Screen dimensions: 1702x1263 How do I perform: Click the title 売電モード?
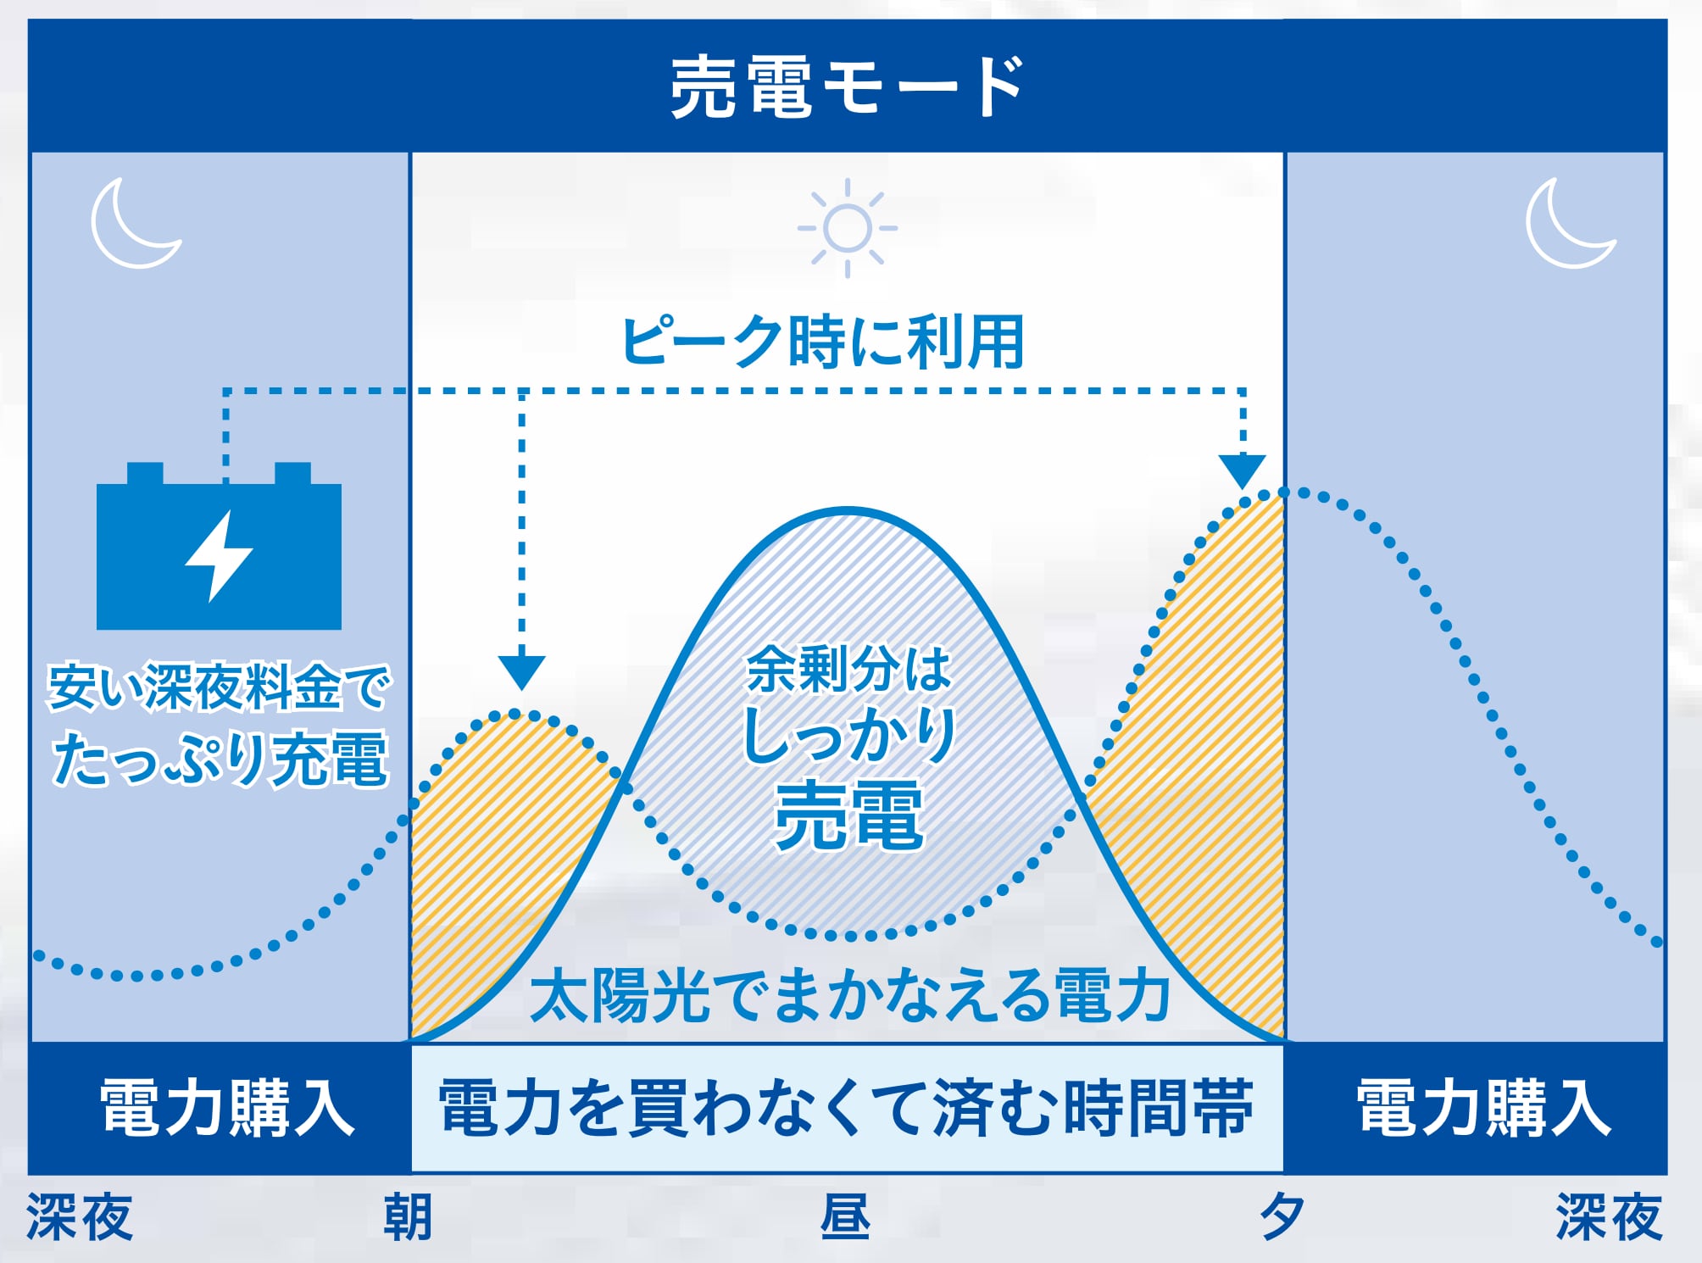pyautogui.click(x=848, y=86)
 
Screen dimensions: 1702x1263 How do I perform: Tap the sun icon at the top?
pyautogui.click(x=847, y=228)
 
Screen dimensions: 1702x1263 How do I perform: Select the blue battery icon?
pyautogui.click(x=219, y=546)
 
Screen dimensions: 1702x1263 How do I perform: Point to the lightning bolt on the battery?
pyautogui.click(x=219, y=556)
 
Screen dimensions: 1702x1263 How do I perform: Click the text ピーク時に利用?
pyautogui.click(x=822, y=342)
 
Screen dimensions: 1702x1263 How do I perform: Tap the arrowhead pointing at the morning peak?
pyautogui.click(x=521, y=673)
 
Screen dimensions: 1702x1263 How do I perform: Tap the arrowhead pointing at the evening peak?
pyautogui.click(x=1243, y=471)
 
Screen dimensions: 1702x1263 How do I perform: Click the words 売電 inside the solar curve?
pyautogui.click(x=848, y=815)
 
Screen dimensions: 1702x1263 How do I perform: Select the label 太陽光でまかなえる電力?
pyautogui.click(x=850, y=995)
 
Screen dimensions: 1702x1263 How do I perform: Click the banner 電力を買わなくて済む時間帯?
pyautogui.click(x=847, y=1108)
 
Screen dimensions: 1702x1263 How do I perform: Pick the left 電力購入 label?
pyautogui.click(x=226, y=1108)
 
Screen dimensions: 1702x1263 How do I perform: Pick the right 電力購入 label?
pyautogui.click(x=1483, y=1108)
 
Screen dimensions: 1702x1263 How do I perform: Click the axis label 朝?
pyautogui.click(x=408, y=1217)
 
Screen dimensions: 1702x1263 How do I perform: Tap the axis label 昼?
pyautogui.click(x=846, y=1217)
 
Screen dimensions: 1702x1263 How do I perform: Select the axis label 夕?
pyautogui.click(x=1282, y=1217)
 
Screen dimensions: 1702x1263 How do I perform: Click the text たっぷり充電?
pyautogui.click(x=220, y=759)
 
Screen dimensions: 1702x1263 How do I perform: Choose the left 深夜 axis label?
pyautogui.click(x=80, y=1217)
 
